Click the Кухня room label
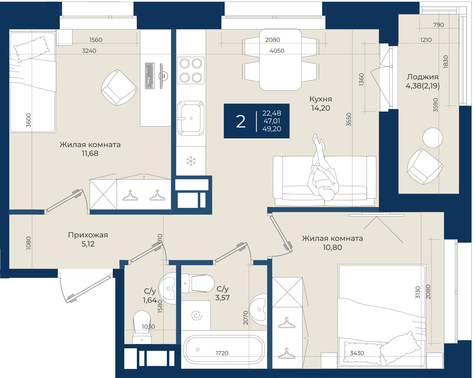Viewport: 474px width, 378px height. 321,99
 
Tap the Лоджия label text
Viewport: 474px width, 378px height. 422,77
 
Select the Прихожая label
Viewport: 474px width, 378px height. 88,235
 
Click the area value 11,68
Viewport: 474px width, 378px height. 90,153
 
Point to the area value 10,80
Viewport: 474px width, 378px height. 332,247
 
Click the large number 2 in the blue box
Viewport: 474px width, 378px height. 241,122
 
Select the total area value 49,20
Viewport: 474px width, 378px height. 272,129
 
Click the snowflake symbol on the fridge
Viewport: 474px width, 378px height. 191,161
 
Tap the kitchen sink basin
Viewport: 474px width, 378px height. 191,118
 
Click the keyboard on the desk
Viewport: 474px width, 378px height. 150,76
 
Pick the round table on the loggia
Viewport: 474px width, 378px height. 432,138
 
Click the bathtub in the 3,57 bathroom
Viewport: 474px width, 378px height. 224,350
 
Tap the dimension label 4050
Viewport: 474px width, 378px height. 277,51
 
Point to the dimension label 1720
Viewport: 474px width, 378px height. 222,353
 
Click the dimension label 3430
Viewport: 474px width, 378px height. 357,353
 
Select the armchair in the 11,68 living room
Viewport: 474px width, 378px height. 119,87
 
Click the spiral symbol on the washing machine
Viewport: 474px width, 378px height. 197,316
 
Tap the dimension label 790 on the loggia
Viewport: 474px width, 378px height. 438,25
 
